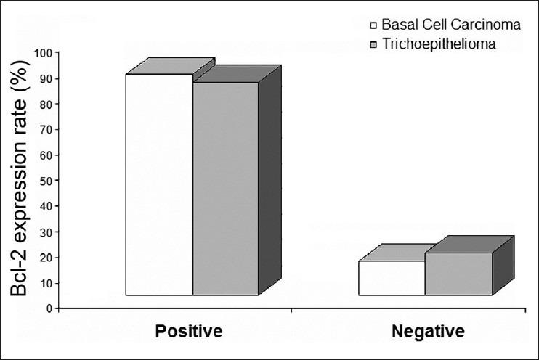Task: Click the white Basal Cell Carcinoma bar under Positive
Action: pyautogui.click(x=159, y=184)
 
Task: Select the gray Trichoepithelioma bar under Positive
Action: pyautogui.click(x=225, y=189)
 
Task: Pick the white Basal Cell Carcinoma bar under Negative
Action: pyautogui.click(x=392, y=278)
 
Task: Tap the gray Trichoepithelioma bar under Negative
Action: pyautogui.click(x=458, y=274)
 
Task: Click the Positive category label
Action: pyautogui.click(x=187, y=332)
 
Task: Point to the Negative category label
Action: pyautogui.click(x=428, y=332)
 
